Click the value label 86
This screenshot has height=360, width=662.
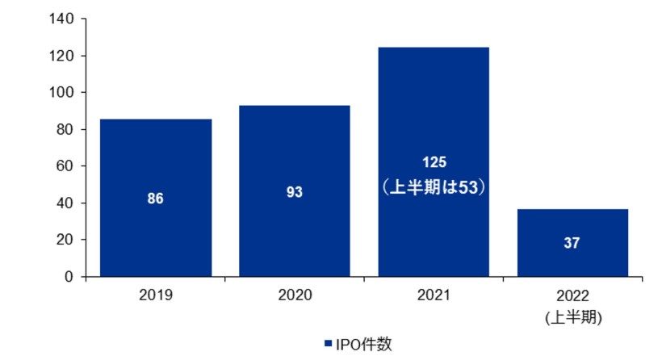tap(156, 199)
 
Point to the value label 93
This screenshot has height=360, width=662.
tap(294, 193)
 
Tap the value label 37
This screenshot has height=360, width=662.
tap(572, 243)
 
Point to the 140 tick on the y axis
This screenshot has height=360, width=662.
tap(64, 19)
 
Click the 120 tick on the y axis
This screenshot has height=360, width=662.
tap(64, 56)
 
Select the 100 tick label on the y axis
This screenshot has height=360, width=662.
tap(64, 93)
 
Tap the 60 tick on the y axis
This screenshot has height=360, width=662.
tap(68, 166)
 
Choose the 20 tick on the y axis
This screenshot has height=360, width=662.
tap(68, 240)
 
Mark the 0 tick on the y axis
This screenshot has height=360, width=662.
tap(71, 277)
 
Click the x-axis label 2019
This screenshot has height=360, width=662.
tap(156, 297)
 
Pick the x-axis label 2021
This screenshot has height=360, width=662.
tap(434, 297)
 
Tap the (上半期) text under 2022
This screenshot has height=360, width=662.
tap(572, 317)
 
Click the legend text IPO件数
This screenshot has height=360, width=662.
tap(365, 345)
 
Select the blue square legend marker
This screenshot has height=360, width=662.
tap(328, 345)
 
